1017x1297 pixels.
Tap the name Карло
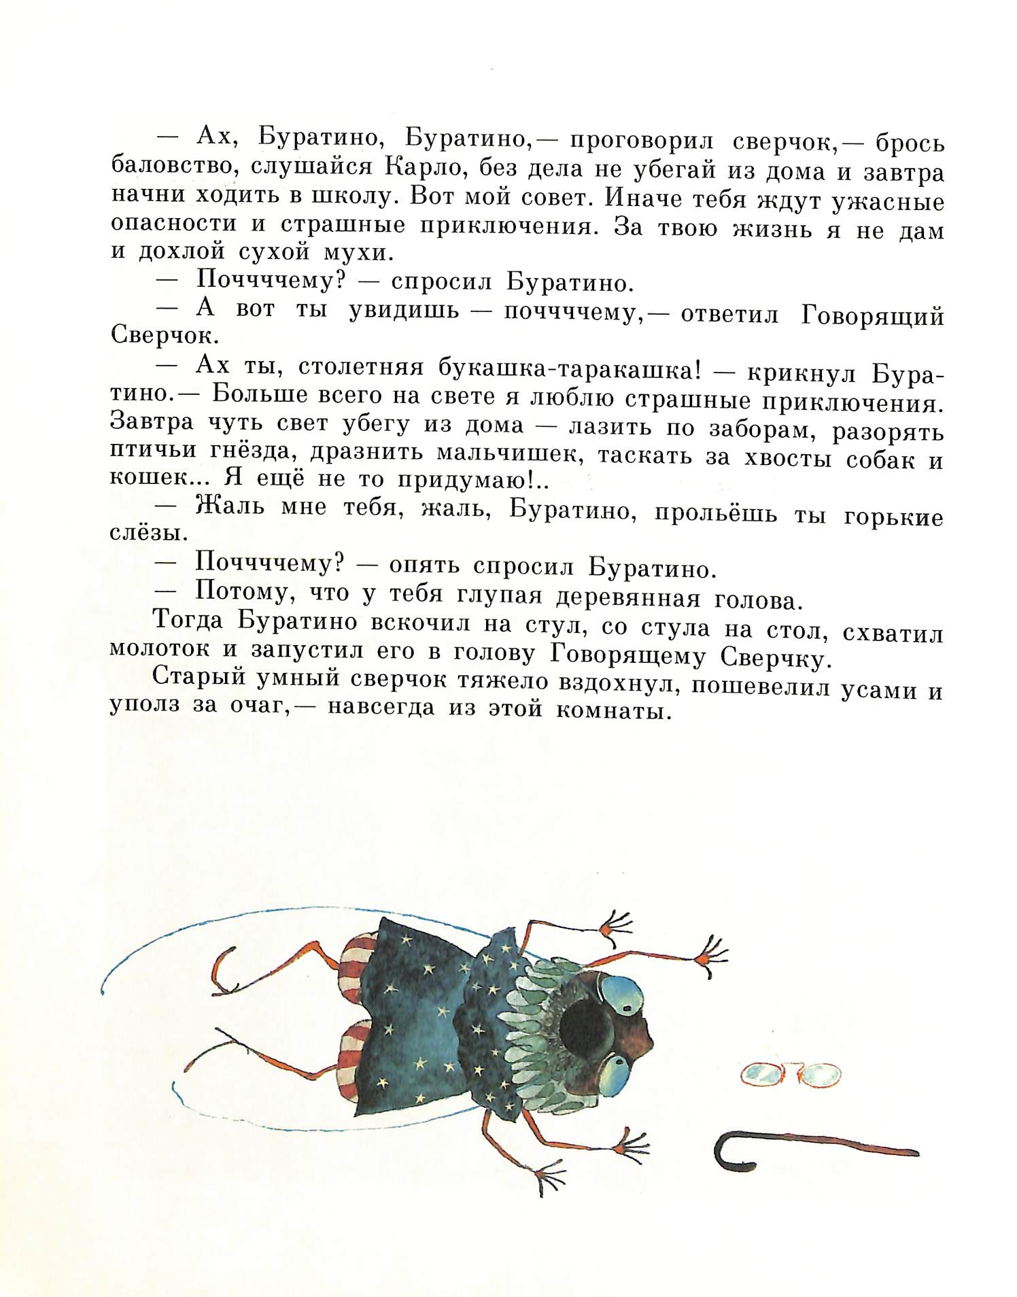427,168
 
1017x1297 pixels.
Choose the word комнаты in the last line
615,712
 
